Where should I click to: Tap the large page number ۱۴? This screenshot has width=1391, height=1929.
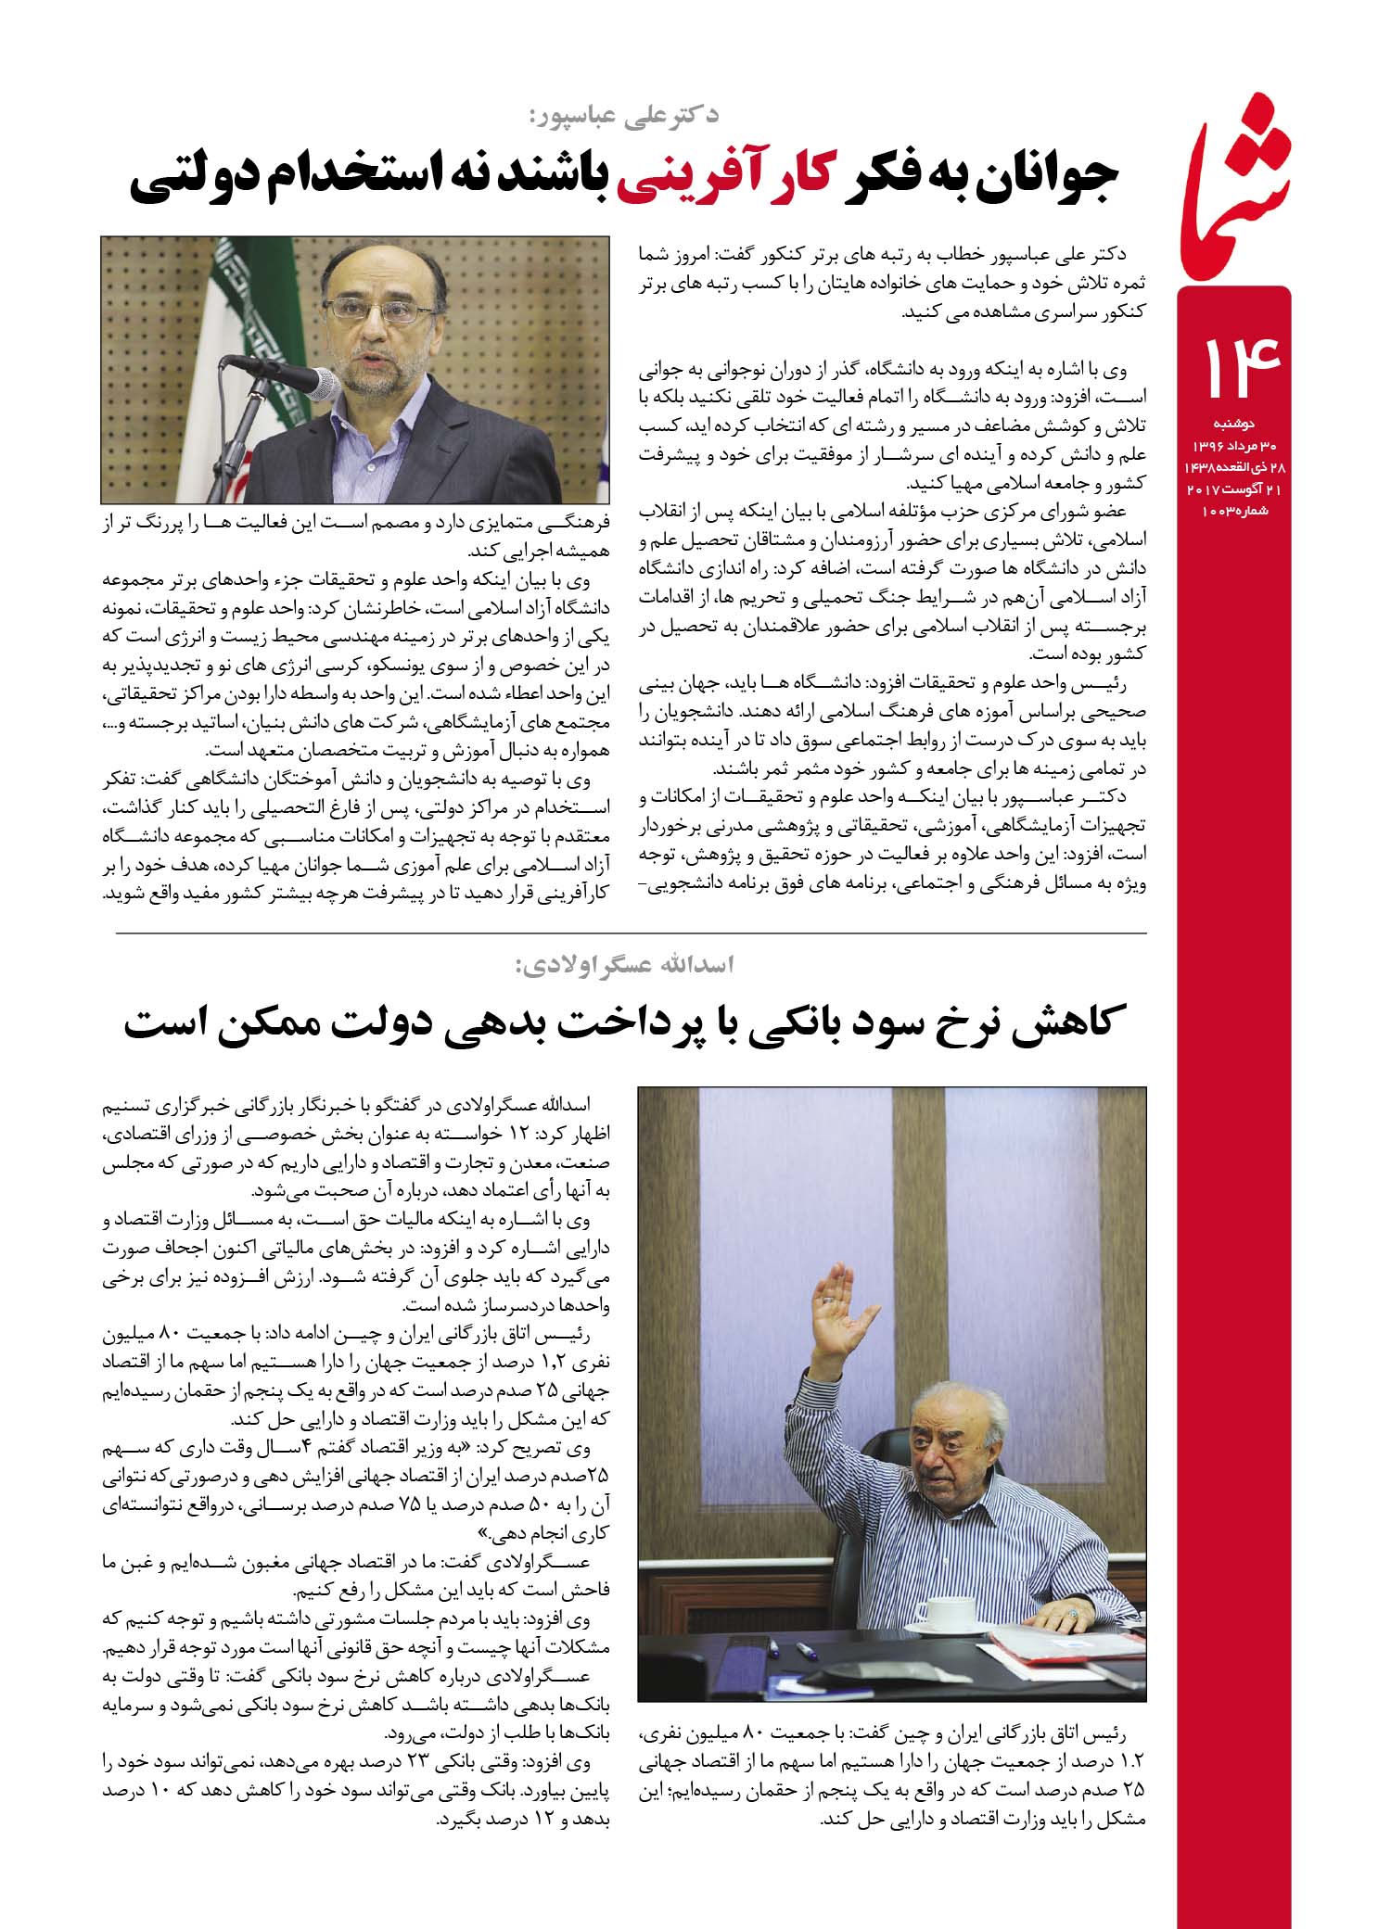[x=1241, y=370]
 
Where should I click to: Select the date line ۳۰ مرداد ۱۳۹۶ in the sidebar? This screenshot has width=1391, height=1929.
[x=1232, y=444]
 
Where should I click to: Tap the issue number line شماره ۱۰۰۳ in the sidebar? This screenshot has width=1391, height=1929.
[x=1232, y=511]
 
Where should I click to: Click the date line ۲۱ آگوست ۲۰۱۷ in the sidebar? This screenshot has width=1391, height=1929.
[x=1232, y=489]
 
